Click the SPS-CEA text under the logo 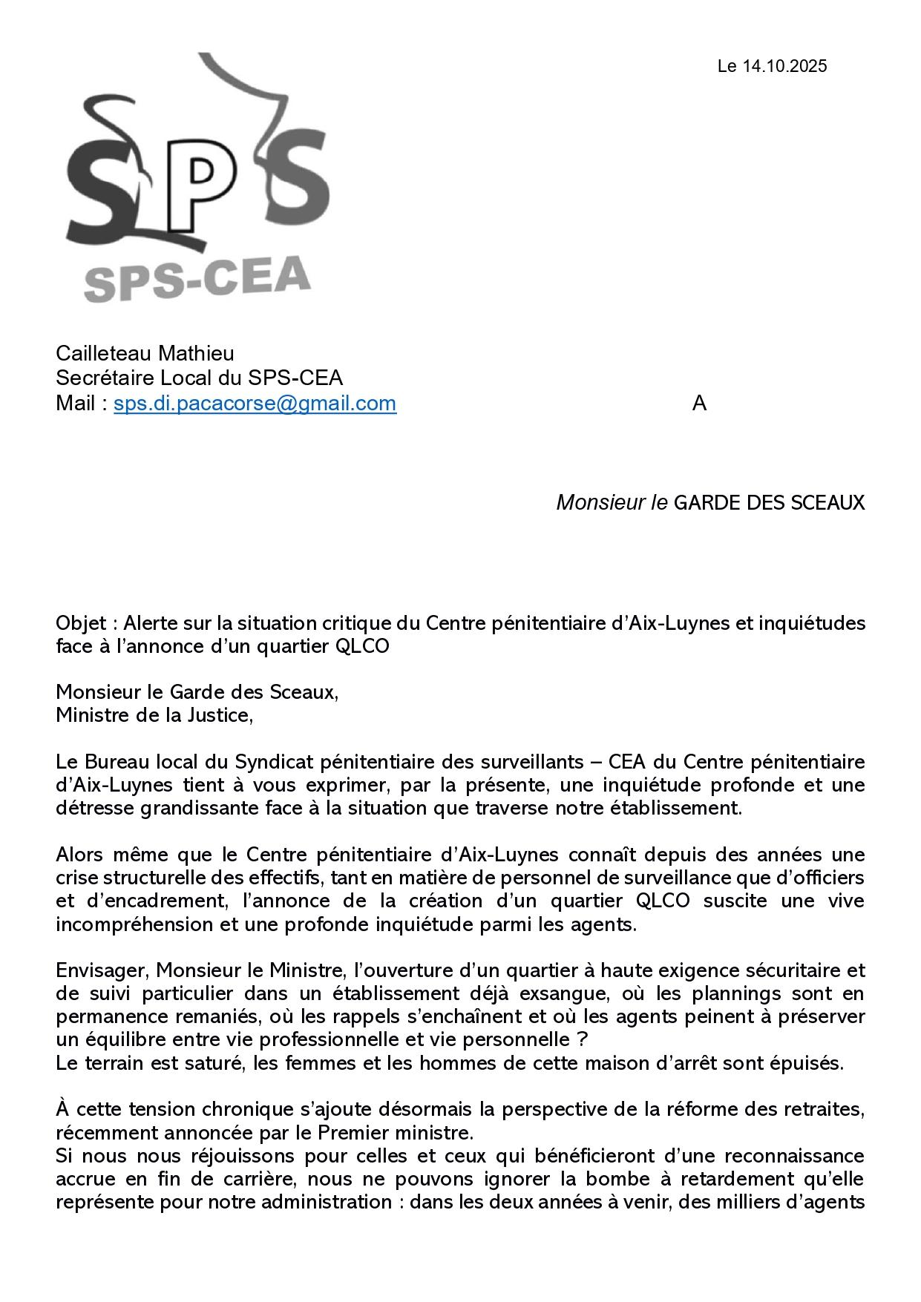[x=197, y=280]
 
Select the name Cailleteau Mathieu [x=145, y=353]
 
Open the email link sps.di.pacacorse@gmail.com [x=255, y=404]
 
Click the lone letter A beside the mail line [x=699, y=404]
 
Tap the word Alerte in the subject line [x=151, y=623]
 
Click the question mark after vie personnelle [x=581, y=1039]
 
